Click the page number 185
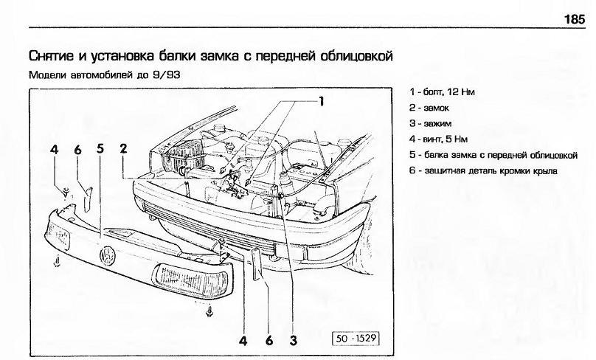pos(575,18)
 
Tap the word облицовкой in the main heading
pos(356,56)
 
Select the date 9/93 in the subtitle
pos(167,75)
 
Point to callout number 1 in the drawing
pos(321,102)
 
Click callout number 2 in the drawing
pos(123,148)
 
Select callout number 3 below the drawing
pos(293,340)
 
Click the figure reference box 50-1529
pos(356,338)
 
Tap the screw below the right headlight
pos(209,312)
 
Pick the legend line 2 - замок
pos(429,108)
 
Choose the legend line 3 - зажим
pos(430,123)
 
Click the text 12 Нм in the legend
pos(461,92)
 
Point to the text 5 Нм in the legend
pos(457,139)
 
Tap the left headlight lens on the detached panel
pos(58,235)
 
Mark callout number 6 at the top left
pos(77,150)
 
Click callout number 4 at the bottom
pos(243,340)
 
